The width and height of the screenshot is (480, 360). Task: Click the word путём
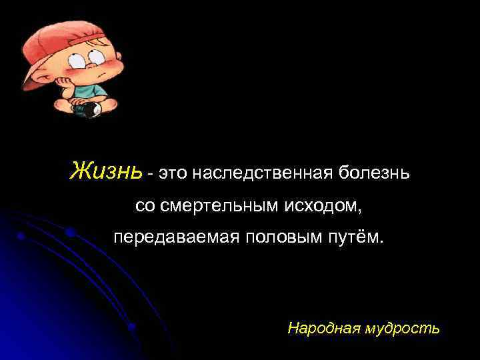tap(358, 237)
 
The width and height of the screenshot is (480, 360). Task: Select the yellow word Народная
tap(317, 328)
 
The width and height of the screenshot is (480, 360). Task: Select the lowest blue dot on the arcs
tap(133, 327)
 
